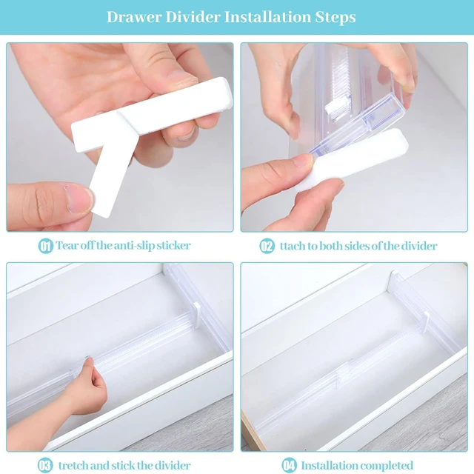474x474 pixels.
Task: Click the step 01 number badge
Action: pyautogui.click(x=46, y=246)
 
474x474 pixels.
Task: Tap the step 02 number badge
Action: pyautogui.click(x=267, y=246)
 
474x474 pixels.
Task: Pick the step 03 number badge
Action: pyautogui.click(x=46, y=465)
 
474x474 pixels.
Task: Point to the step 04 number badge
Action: pyautogui.click(x=289, y=465)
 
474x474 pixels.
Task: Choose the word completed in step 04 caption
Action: pyautogui.click(x=387, y=465)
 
